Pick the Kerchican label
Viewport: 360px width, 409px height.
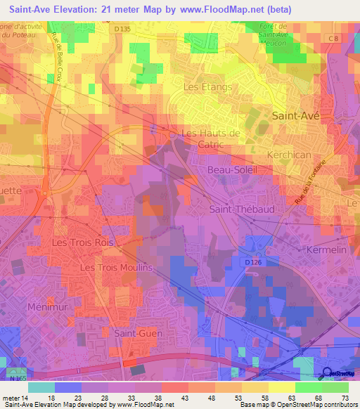pos(289,153)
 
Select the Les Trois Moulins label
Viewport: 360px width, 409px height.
pos(116,268)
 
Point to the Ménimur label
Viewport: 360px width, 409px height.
pos(46,307)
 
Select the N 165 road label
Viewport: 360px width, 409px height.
pos(19,378)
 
